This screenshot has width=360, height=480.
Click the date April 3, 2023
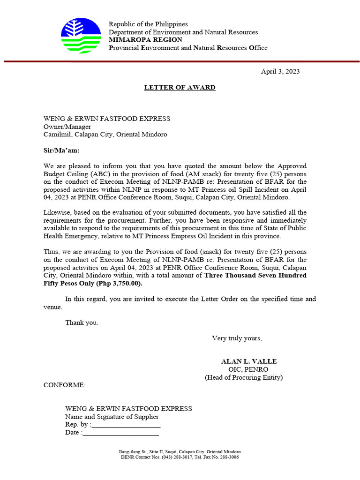[280, 72]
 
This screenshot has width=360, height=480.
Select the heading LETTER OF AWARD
[180, 88]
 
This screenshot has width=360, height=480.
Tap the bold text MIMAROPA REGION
[145, 40]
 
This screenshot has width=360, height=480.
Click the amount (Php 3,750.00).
[119, 284]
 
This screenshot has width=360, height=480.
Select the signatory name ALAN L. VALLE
[249, 361]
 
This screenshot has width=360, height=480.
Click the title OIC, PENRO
[248, 369]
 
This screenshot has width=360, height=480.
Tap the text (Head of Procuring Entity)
[244, 377]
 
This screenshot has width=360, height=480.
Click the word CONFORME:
[65, 385]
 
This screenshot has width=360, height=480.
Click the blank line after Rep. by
[126, 425]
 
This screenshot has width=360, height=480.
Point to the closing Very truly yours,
[237, 338]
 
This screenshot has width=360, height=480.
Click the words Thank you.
[82, 322]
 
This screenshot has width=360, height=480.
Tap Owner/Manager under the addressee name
[67, 127]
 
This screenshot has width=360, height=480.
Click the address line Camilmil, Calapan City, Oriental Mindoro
[105, 135]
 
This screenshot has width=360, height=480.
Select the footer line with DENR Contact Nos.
[180, 457]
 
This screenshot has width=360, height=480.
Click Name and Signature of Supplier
[112, 417]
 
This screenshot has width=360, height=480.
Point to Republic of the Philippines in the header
[148, 24]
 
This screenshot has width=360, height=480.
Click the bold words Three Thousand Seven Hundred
[255, 276]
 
